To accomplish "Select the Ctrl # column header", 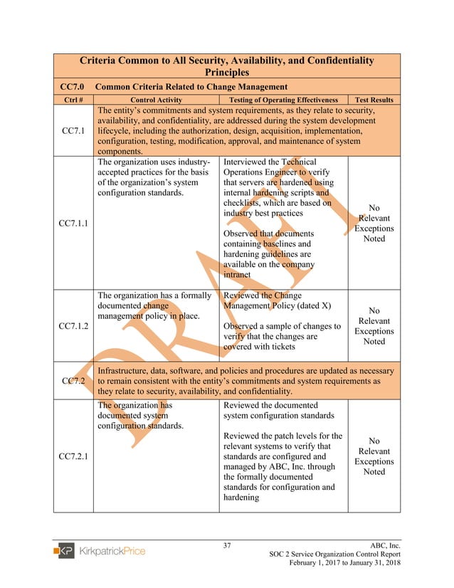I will pos(73,100).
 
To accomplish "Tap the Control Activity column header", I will pos(155,100).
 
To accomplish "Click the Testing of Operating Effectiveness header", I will pos(283,100).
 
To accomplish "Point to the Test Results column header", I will pos(374,100).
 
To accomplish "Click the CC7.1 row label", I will pos(73,131).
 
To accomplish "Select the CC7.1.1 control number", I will pos(73,223).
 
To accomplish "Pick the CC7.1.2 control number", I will pos(73,326).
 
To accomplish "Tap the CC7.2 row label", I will pos(73,381).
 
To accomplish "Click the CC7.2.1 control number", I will pos(73,456).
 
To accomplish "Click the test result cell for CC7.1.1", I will pos(374,223).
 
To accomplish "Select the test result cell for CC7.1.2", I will pos(374,326).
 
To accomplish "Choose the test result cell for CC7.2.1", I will pos(374,456).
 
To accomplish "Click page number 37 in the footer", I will pos(227,546).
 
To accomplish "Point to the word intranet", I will pos(237,274).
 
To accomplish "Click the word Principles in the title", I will pos(226,72).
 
